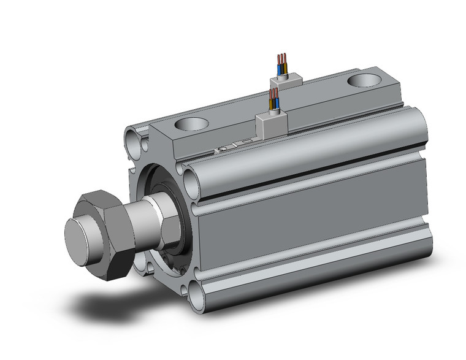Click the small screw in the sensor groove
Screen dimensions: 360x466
coord(224,148)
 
